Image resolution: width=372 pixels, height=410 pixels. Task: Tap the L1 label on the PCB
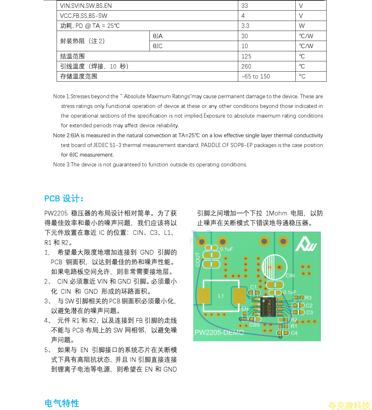pos(221,296)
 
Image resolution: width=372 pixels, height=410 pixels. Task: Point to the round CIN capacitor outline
pos(274,267)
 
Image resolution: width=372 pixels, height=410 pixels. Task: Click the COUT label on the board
pos(198,259)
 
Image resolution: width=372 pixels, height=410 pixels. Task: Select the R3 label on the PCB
pos(308,298)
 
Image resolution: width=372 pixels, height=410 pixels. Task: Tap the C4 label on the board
pos(294,333)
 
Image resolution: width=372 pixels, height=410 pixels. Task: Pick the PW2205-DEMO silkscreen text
pos(219,332)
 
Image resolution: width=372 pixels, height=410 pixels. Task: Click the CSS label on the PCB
pos(254,325)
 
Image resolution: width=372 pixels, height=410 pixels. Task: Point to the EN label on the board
pos(245,308)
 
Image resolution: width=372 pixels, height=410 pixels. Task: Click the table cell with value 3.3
pos(245,26)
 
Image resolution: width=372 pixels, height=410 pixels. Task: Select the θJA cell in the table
pos(158,36)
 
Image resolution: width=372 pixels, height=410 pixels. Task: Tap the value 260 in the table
pos(246,66)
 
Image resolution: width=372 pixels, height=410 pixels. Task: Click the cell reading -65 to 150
pos(256,77)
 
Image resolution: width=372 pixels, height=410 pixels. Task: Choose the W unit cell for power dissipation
pos(302,26)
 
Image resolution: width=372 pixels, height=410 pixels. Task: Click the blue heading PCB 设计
pos(64,199)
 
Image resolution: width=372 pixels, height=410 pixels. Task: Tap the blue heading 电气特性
pos(62,403)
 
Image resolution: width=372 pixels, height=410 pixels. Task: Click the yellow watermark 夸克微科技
pos(349,406)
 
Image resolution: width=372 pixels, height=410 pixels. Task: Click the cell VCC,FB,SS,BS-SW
pos(84,16)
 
